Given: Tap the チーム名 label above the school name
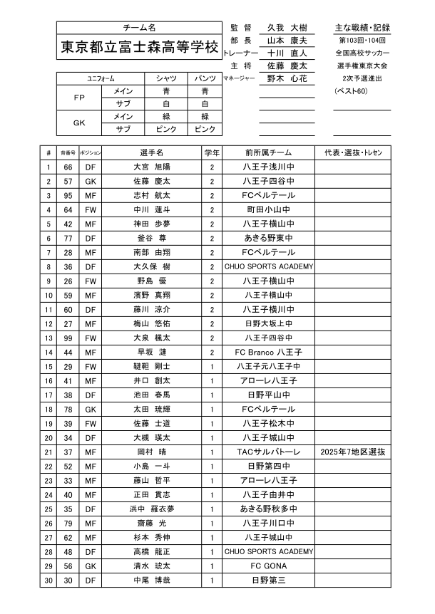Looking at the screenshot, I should pyautogui.click(x=139, y=27).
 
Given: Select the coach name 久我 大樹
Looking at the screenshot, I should pyautogui.click(x=286, y=27).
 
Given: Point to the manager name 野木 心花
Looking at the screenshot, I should pyautogui.click(x=286, y=79).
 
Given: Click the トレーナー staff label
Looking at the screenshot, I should pyautogui.click(x=240, y=53).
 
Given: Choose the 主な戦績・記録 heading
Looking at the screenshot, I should pyautogui.click(x=362, y=27).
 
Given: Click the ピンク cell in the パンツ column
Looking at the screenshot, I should pyautogui.click(x=205, y=129).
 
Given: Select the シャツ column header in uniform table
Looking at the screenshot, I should pyautogui.click(x=166, y=78).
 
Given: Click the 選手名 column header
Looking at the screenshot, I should pyautogui.click(x=152, y=152).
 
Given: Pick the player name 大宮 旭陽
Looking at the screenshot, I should pyautogui.click(x=152, y=167).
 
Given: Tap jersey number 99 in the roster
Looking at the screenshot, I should pyautogui.click(x=68, y=338).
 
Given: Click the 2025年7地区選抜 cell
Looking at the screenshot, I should pyautogui.click(x=353, y=452).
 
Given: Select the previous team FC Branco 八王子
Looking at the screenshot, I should pyautogui.click(x=269, y=352).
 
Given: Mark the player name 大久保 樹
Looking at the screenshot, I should pyautogui.click(x=152, y=266).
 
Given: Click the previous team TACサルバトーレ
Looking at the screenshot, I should pyautogui.click(x=269, y=452).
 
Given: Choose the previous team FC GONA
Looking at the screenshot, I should pyautogui.click(x=269, y=566).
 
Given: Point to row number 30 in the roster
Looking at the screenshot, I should pyautogui.click(x=48, y=580).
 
